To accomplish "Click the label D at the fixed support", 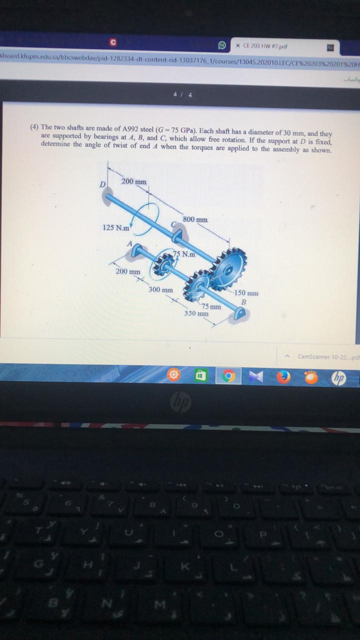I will [x=102, y=184].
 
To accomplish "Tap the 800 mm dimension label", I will [x=195, y=219].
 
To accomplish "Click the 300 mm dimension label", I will [x=160, y=289].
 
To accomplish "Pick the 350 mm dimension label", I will [x=196, y=313].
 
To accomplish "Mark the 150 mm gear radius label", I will [x=246, y=293].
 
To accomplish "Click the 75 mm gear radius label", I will [x=211, y=306].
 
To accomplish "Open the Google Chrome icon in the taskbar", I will [x=228, y=376].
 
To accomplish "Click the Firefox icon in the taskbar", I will [x=283, y=376].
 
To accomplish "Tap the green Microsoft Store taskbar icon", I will [x=200, y=376].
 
